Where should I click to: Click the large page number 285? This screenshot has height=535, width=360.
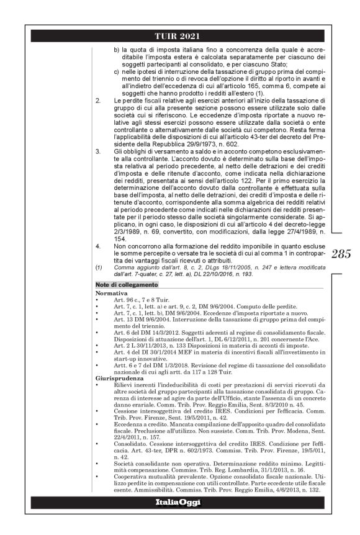coord(341,254)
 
